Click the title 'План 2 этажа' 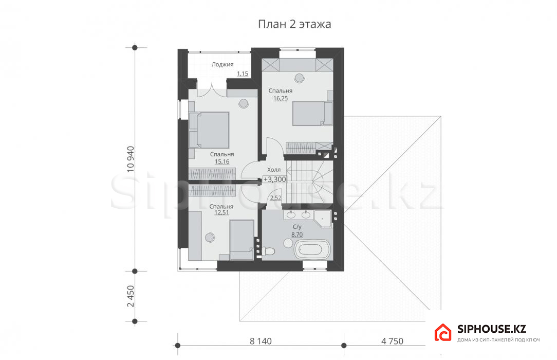(294, 24)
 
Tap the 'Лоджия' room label (222, 64)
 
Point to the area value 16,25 (280, 98)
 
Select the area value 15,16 (222, 161)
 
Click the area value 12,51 (221, 212)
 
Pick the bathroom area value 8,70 (297, 235)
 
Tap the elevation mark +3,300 (274, 179)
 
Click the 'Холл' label (273, 170)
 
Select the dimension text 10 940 (131, 159)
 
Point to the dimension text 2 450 (131, 296)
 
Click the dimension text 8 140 (261, 341)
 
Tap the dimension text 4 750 (392, 341)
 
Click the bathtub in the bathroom (312, 250)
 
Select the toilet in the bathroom (268, 251)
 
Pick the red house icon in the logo (443, 333)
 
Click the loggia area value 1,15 (243, 74)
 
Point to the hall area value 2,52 (275, 198)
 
